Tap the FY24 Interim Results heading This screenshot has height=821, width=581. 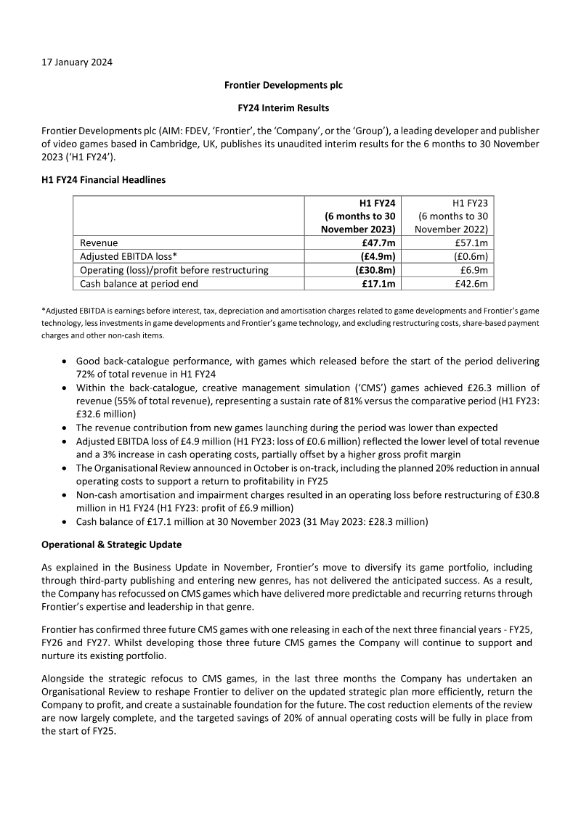coord(283,108)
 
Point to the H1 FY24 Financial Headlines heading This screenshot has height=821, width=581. coord(103,179)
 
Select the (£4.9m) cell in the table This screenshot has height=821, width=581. coord(378,256)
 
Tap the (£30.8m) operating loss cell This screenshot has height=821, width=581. coord(375,270)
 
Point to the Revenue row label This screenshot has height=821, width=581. coord(98,242)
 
